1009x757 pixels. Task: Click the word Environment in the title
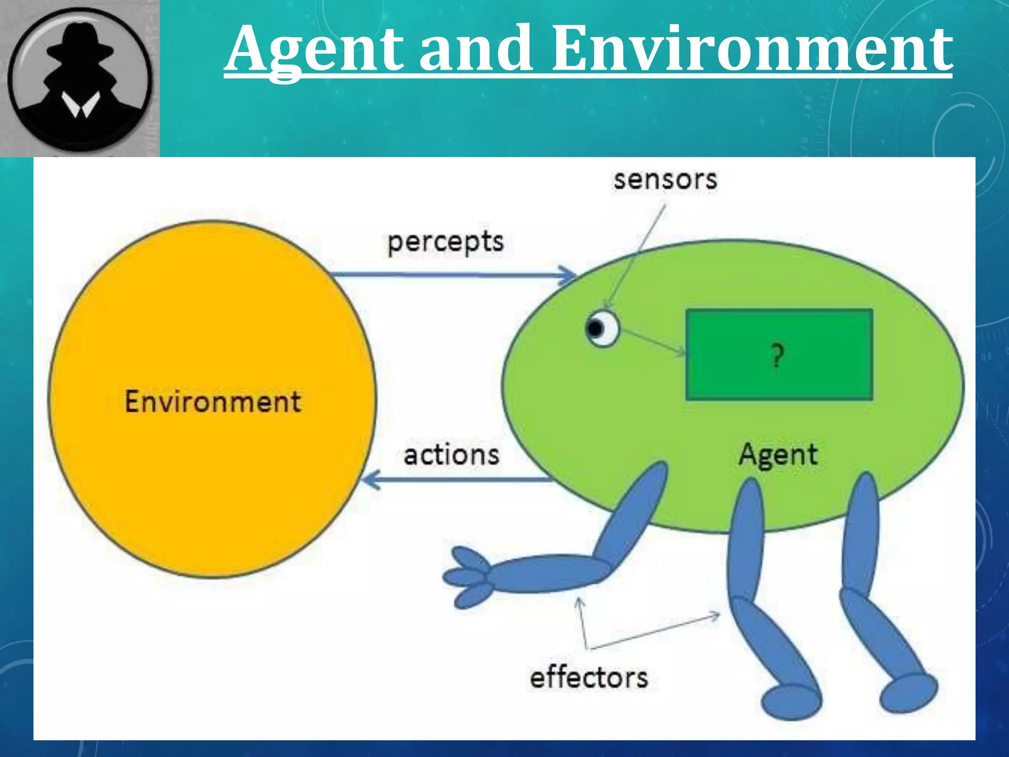point(751,49)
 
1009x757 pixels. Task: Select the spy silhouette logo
point(80,79)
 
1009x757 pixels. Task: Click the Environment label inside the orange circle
point(212,402)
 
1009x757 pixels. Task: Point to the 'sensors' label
point(665,180)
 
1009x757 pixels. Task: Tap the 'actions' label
point(451,455)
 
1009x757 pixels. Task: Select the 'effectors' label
point(589,678)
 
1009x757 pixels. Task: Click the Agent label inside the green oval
point(778,455)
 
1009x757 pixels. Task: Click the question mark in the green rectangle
point(777,356)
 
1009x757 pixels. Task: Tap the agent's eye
point(602,329)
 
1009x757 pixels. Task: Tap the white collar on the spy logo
point(80,106)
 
